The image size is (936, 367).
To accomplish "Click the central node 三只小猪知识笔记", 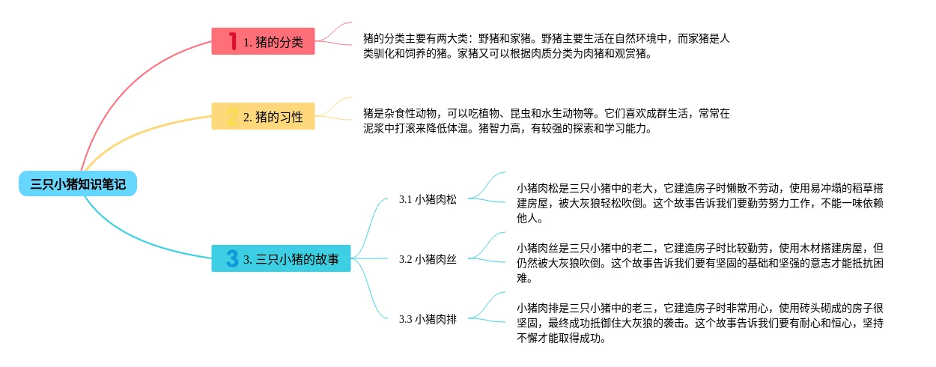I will tap(78, 183).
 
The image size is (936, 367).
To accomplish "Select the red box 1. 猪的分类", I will tap(263, 41).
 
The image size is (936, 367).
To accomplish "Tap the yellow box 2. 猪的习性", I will tap(263, 116).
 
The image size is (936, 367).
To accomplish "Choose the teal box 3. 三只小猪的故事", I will tap(281, 258).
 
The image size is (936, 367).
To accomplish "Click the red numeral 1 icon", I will tap(232, 41).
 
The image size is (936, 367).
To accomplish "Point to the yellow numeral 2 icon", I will tap(232, 116).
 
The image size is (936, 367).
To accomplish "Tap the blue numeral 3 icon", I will tap(232, 258).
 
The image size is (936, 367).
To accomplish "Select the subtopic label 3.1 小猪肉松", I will tap(428, 199).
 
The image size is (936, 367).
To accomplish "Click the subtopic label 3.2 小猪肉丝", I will tap(428, 259).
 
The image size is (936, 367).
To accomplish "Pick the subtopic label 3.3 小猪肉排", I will tap(428, 319).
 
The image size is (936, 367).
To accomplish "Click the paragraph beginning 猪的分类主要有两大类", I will tap(546, 46).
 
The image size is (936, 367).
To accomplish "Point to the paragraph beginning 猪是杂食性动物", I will tap(546, 121).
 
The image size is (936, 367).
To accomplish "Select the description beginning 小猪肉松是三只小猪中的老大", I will tap(700, 202).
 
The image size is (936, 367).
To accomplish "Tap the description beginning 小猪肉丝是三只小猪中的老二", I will tap(700, 262).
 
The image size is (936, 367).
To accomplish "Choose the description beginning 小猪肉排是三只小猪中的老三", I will tap(700, 322).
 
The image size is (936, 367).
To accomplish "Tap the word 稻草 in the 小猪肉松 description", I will tap(846, 187).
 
